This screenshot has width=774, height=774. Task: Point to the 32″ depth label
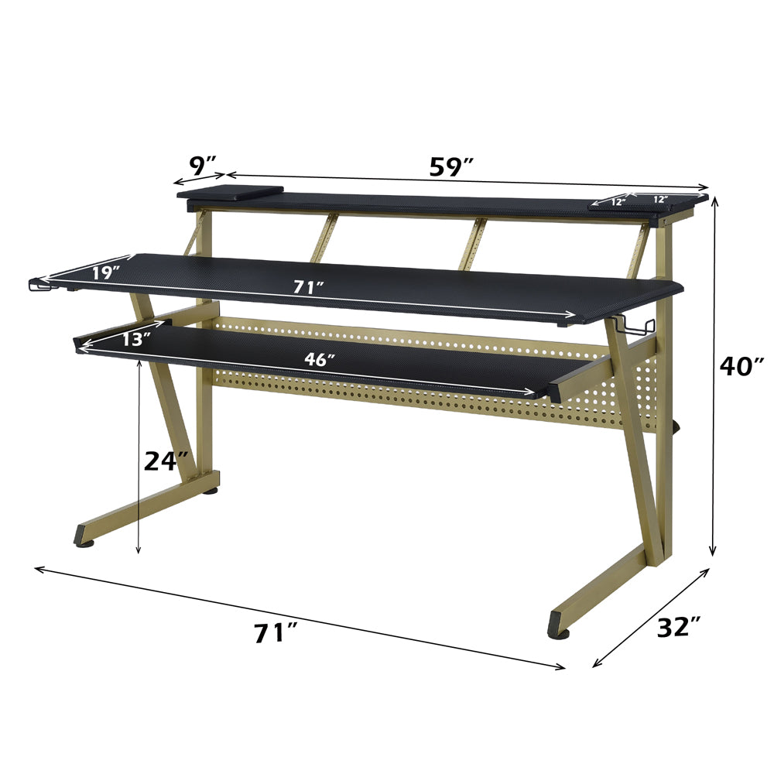678,627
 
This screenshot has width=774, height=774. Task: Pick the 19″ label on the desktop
104,272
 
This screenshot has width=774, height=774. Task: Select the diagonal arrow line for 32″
650,617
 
